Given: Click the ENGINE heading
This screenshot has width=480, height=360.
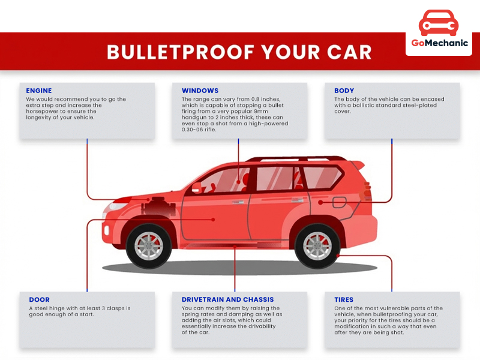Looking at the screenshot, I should [39, 91].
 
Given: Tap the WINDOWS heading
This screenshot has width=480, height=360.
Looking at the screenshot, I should [200, 91].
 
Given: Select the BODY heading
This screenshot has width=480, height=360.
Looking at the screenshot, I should [344, 91].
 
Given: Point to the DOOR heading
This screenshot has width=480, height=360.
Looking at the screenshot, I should [39, 299].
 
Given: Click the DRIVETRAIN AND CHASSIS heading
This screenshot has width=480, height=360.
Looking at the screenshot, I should [227, 299].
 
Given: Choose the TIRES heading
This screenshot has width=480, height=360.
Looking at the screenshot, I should [344, 299].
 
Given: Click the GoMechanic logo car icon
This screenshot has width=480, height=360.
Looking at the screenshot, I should [439, 22].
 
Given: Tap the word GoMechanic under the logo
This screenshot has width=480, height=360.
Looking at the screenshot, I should [439, 43].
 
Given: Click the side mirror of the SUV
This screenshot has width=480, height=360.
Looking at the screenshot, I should [196, 187].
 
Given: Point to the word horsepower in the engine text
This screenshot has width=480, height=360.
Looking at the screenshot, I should [45, 112].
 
